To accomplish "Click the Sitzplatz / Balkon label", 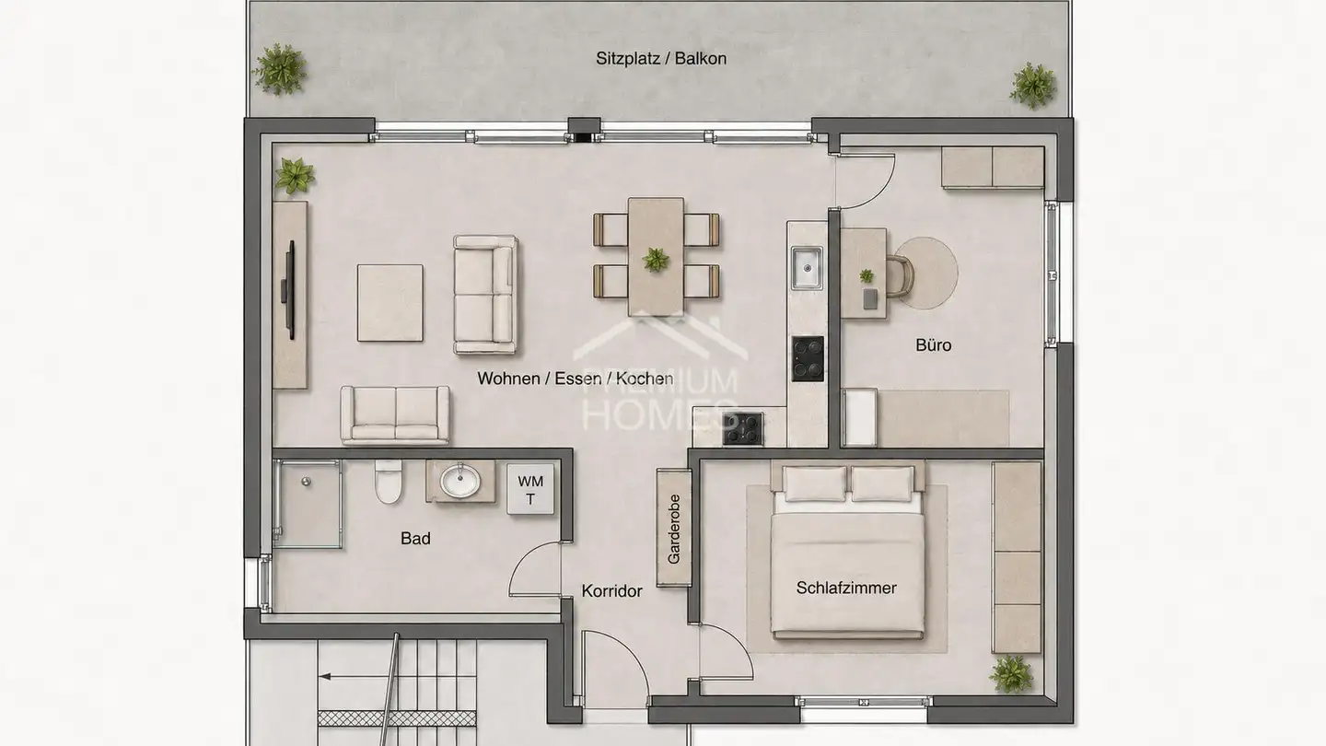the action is [660, 59].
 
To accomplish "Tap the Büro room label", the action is [934, 345].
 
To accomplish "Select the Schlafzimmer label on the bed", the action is [846, 588].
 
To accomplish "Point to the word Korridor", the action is [612, 591].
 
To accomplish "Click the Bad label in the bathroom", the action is [415, 538].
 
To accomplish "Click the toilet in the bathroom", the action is [389, 482].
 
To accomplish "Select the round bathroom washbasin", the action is [460, 480].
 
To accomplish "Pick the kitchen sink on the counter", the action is [808, 268].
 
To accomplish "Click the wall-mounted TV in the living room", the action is [289, 290].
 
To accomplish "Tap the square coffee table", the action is [390, 303].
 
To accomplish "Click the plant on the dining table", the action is [656, 260].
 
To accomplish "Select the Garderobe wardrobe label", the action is [674, 529].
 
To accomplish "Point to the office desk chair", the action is [900, 276].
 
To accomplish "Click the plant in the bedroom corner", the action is [1012, 674].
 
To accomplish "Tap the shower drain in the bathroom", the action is [306, 482].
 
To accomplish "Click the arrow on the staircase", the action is [397, 676].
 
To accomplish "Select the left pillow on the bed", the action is [815, 484].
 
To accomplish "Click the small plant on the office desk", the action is [867, 275].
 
